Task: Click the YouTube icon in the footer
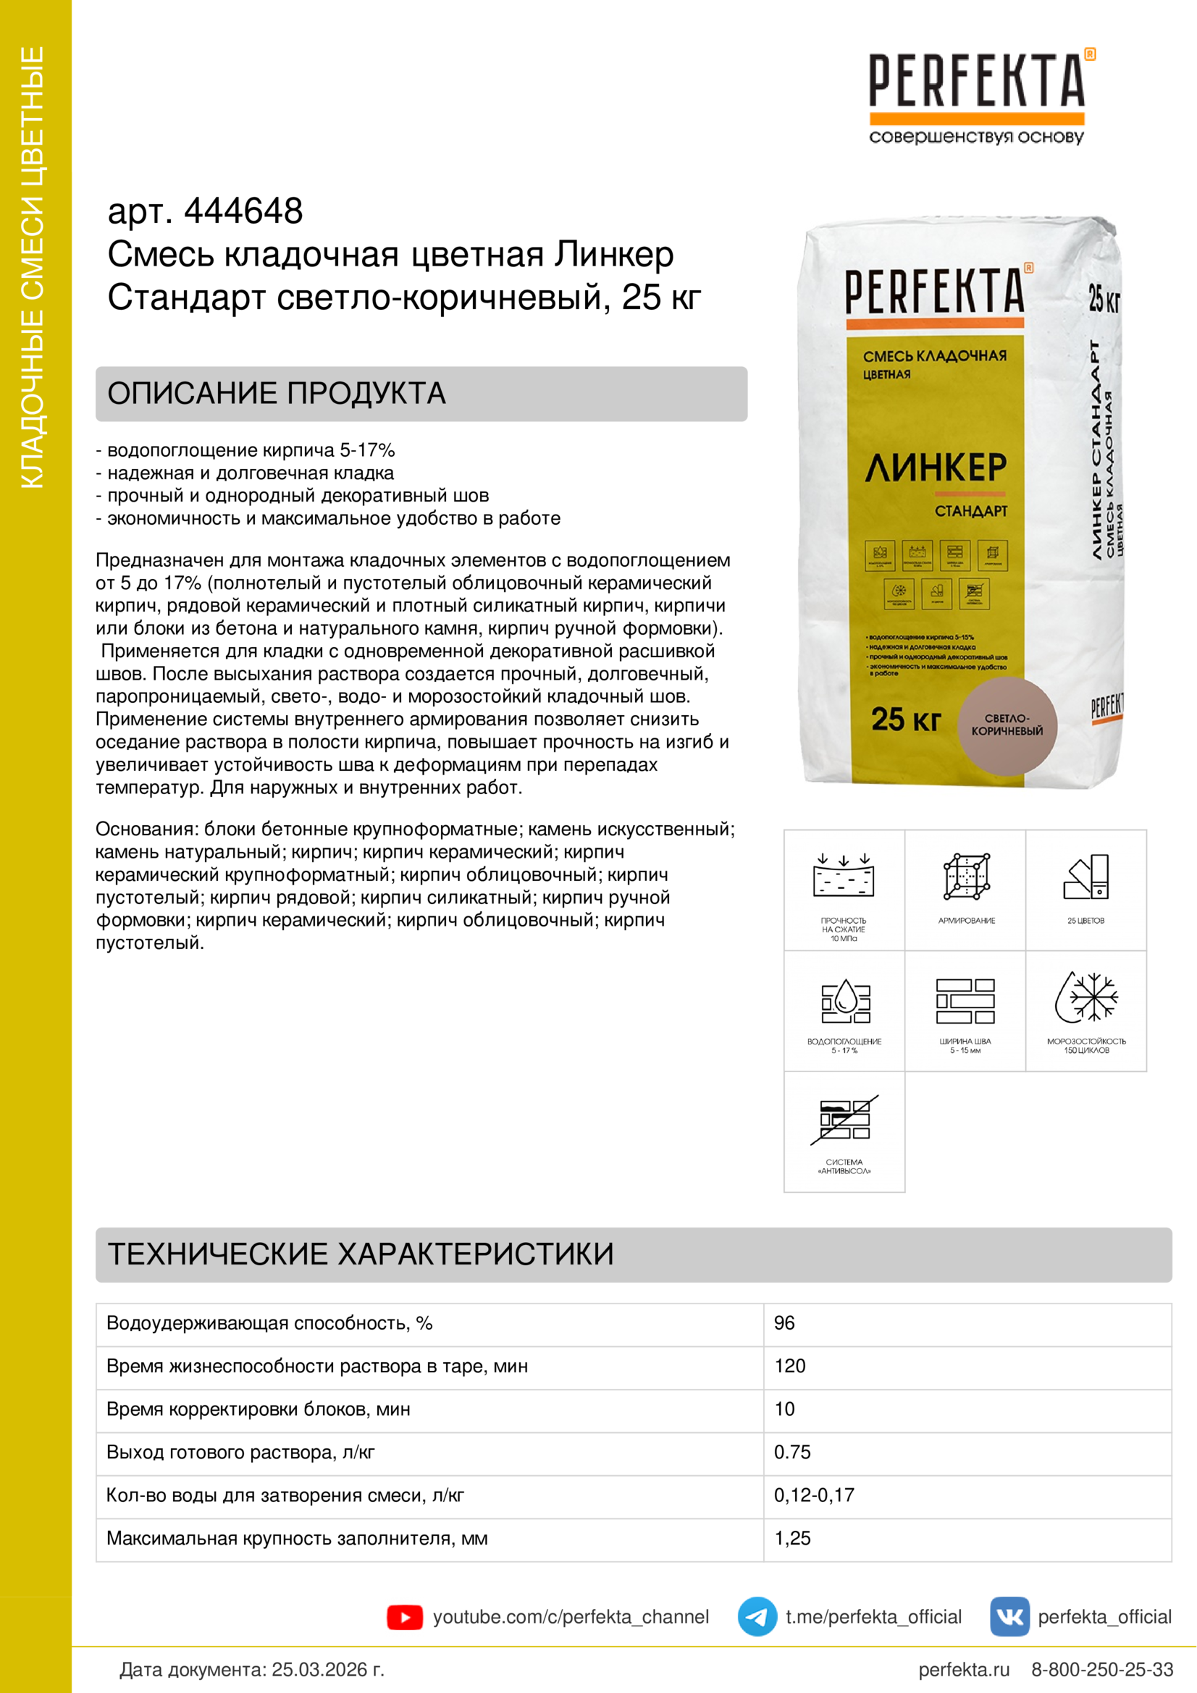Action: (x=404, y=1617)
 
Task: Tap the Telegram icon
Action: (x=757, y=1616)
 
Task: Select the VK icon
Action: (x=1009, y=1616)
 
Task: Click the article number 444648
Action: (x=243, y=211)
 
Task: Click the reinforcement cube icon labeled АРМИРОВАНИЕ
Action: (x=966, y=877)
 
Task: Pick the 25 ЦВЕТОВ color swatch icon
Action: (x=1086, y=877)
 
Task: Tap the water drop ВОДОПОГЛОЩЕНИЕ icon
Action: (x=845, y=1000)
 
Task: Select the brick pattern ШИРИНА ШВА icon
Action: (x=965, y=1000)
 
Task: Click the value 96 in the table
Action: (x=784, y=1323)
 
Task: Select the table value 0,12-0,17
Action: (x=813, y=1495)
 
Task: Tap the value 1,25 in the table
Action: (x=792, y=1538)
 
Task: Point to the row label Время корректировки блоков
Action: (x=258, y=1409)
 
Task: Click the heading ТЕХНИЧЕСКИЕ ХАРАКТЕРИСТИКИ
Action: (x=361, y=1254)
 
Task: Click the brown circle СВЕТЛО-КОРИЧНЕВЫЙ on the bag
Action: (x=1007, y=725)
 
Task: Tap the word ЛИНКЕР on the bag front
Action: (x=935, y=468)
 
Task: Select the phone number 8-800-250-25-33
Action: (x=1102, y=1669)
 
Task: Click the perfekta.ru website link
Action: (x=963, y=1669)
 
